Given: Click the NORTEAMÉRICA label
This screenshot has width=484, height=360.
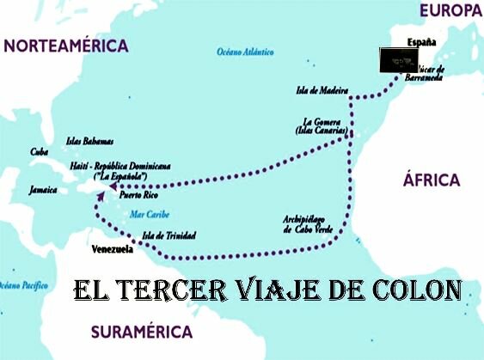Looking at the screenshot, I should (x=66, y=46).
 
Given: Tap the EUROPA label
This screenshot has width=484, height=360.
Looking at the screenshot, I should (x=450, y=10).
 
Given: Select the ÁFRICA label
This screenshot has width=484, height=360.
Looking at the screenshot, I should (x=432, y=180).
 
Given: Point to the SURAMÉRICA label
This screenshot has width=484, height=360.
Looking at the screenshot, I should (x=142, y=331).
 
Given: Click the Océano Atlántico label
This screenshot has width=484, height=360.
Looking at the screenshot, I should (x=240, y=53).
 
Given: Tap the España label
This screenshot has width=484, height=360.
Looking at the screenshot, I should (x=421, y=42).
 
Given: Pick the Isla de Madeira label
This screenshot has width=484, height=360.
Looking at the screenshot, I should (x=322, y=90).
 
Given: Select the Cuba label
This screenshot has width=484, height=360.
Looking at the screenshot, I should (x=39, y=152).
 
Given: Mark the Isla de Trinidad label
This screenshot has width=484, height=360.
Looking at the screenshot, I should (x=168, y=235).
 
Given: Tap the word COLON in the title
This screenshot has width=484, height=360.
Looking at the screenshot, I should (x=416, y=288).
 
